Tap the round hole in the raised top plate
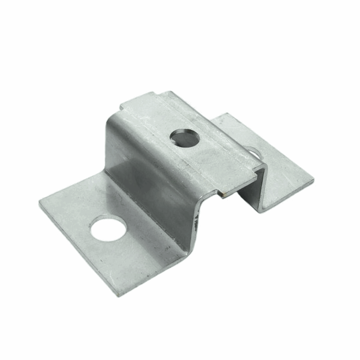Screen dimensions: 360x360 184,138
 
